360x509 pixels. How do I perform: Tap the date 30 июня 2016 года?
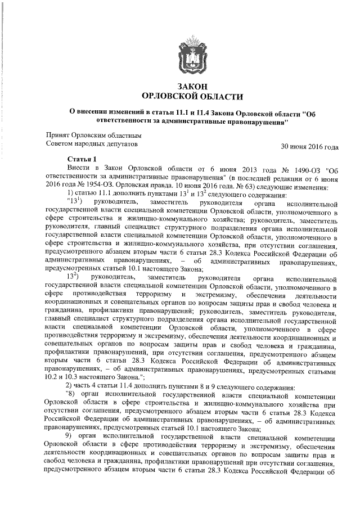click(310, 148)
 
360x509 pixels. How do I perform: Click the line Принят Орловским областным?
click(93, 136)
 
